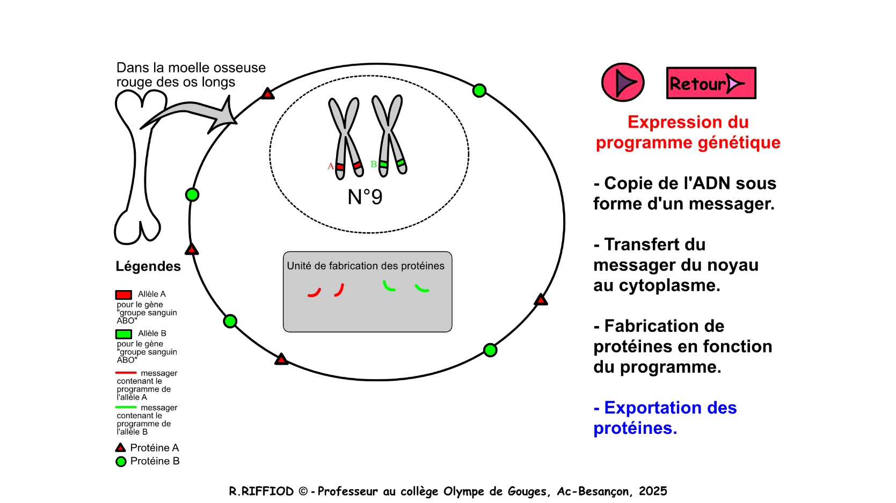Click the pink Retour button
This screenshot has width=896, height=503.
711,83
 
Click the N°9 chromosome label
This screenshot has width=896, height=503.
365,197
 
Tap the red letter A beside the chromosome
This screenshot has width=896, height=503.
330,166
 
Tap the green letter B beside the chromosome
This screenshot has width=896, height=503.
374,164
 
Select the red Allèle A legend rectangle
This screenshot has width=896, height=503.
123,295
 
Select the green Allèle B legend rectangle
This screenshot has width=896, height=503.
123,334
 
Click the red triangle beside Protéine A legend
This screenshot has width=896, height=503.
120,448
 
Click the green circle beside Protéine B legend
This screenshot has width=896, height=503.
121,462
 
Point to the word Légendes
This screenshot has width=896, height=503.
148,266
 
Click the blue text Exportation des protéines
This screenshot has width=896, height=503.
665,418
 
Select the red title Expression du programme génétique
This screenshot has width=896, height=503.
688,132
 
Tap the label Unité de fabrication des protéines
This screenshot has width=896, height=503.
366,266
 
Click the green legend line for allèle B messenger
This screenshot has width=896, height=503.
126,407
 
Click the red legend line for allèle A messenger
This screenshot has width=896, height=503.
126,373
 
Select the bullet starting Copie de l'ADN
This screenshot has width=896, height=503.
684,194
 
